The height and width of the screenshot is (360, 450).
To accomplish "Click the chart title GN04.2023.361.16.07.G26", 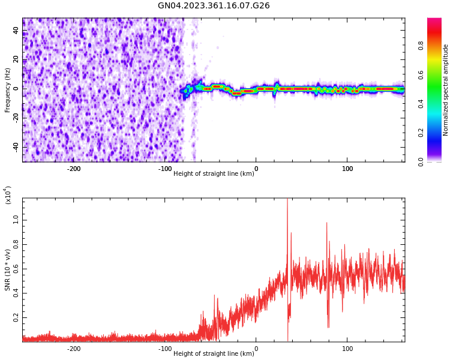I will pyautogui.click(x=214, y=5).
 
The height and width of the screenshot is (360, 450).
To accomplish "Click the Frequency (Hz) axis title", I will pyautogui.click(x=8, y=90).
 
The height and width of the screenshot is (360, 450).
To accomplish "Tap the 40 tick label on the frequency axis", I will pyautogui.click(x=17, y=30).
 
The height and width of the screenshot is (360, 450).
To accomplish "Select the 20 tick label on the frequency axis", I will pyautogui.click(x=17, y=59).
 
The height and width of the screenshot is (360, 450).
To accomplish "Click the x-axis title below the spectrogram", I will pyautogui.click(x=214, y=173).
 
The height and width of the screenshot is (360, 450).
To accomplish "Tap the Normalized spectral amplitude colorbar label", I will pyautogui.click(x=446, y=90).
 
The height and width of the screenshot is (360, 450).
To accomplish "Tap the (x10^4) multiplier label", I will pyautogui.click(x=8, y=195).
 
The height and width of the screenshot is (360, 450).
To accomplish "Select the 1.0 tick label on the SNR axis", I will pyautogui.click(x=17, y=220).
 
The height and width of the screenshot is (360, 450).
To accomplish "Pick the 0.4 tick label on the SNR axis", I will pyautogui.click(x=17, y=293).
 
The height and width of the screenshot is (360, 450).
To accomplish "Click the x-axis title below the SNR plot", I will pyautogui.click(x=214, y=353).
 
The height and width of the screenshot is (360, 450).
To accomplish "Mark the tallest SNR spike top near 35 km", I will pyautogui.click(x=287, y=199).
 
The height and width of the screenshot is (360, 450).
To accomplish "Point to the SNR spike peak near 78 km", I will pyautogui.click(x=327, y=223).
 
